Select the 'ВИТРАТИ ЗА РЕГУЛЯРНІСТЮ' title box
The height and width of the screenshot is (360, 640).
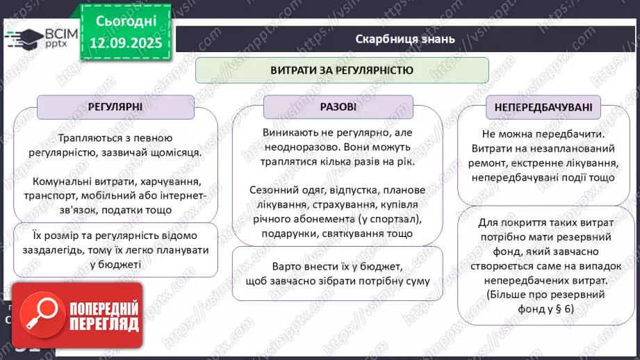pyautogui.click(x=342, y=70)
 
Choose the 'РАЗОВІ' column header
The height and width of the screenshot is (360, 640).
pyautogui.click(x=338, y=107)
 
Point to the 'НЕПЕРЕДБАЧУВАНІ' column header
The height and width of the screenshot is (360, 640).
pyautogui.click(x=543, y=107)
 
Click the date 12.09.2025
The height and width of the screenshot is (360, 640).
pyautogui.click(x=126, y=43)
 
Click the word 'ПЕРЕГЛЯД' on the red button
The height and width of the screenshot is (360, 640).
pyautogui.click(x=103, y=325)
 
